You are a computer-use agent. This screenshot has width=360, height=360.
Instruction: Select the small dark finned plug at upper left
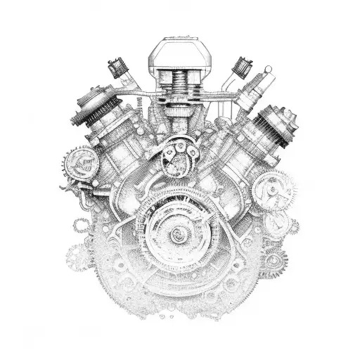(x=116, y=69)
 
